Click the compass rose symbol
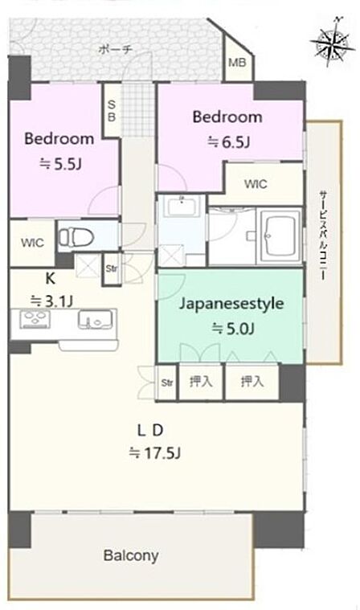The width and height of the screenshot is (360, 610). pos(333,41)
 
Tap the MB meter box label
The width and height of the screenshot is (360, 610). pos(237,62)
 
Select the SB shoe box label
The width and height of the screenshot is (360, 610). pos(112,110)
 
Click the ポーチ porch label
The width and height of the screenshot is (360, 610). pos(116,49)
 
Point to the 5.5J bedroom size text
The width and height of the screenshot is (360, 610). pos(60,164)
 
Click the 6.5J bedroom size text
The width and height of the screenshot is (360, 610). pos(228,142)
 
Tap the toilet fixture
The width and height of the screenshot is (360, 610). pos(76,236)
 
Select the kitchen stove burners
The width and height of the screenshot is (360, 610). pos(35,319)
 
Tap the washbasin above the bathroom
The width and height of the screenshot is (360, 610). pos(182,207)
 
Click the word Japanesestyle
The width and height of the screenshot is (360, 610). pos(231,304)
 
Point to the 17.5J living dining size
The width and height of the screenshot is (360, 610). pos(155,453)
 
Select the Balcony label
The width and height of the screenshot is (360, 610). pos(131,555)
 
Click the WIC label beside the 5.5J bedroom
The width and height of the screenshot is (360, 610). pos(32,244)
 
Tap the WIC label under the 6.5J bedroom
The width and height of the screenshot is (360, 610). pos(256,183)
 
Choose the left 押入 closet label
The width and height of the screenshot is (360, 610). pos(201,382)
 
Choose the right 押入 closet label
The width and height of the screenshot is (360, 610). pos(252,382)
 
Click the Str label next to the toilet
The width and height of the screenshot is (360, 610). pos(112,268)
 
